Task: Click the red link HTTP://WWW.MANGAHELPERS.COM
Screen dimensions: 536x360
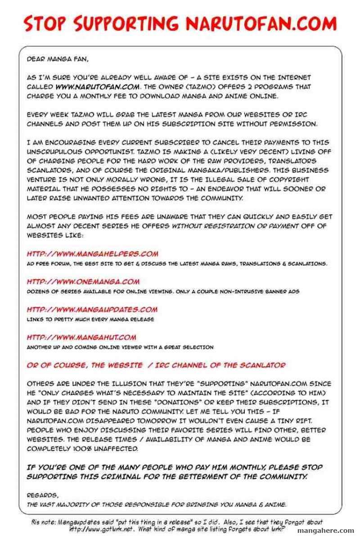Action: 92,254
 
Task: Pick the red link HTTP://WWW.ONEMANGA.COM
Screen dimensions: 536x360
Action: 83,282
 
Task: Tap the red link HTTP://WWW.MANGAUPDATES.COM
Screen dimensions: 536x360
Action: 92,309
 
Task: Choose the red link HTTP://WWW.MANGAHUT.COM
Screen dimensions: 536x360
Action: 81,337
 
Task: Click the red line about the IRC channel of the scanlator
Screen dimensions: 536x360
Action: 156,365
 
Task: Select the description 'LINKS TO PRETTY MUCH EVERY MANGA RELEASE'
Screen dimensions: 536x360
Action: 90,319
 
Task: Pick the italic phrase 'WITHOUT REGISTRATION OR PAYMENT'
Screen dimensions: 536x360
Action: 233,226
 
